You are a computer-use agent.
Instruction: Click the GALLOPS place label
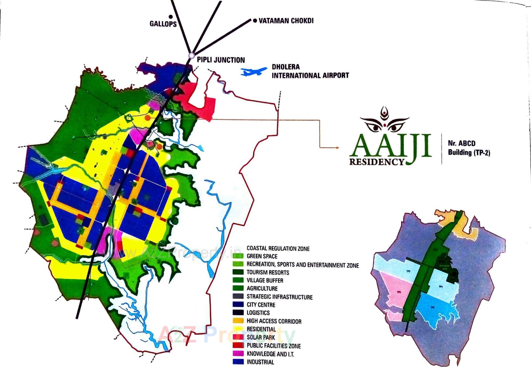click(x=163, y=24)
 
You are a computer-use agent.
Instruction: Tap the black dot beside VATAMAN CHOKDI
click(x=255, y=20)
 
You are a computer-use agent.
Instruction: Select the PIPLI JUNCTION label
click(x=221, y=60)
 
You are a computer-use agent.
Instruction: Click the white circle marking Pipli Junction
click(x=191, y=56)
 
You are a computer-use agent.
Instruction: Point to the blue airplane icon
click(x=254, y=71)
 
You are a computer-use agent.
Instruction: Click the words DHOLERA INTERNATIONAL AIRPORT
click(x=310, y=71)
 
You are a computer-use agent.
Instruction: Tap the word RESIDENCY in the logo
click(x=377, y=162)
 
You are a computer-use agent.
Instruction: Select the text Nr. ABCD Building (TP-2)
click(x=469, y=148)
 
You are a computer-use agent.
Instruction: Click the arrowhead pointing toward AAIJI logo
click(x=337, y=148)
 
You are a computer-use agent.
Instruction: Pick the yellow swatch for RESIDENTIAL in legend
click(x=238, y=329)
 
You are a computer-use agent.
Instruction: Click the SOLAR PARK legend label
click(x=261, y=337)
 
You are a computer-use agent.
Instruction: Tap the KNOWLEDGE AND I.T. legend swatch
click(x=238, y=353)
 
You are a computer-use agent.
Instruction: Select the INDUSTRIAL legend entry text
click(x=260, y=362)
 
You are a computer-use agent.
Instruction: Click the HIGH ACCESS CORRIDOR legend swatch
click(x=238, y=321)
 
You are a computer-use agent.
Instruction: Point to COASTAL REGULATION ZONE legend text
click(x=278, y=248)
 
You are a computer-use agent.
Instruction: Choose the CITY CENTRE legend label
click(x=261, y=305)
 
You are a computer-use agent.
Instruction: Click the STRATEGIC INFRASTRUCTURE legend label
click(x=279, y=297)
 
